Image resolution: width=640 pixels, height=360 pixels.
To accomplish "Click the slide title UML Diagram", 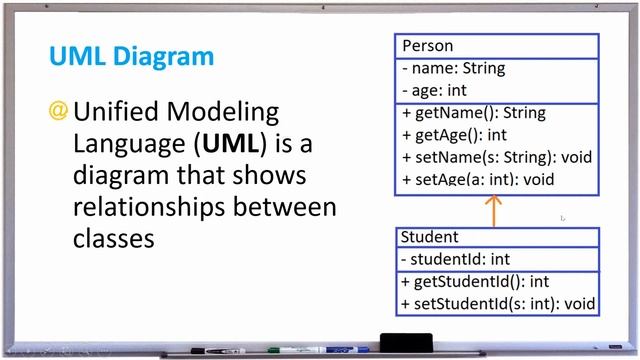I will coord(131,55).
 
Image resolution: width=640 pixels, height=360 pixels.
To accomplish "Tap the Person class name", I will coord(427,46).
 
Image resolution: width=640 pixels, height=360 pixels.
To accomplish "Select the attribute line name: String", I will coord(453,69).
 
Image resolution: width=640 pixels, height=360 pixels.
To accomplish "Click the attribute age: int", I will coord(439,91).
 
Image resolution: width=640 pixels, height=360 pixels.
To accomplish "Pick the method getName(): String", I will coord(460,113).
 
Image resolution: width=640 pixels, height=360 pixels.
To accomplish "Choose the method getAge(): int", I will coord(454,135).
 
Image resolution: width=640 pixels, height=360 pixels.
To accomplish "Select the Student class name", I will coord(429,238).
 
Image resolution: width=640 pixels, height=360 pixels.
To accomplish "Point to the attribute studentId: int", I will coord(455,260).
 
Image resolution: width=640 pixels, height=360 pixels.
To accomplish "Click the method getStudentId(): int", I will coord(475,282).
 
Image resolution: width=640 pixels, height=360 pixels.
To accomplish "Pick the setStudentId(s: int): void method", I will coord(497,304).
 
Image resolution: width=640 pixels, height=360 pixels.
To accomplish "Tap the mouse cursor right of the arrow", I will coord(563,217).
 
